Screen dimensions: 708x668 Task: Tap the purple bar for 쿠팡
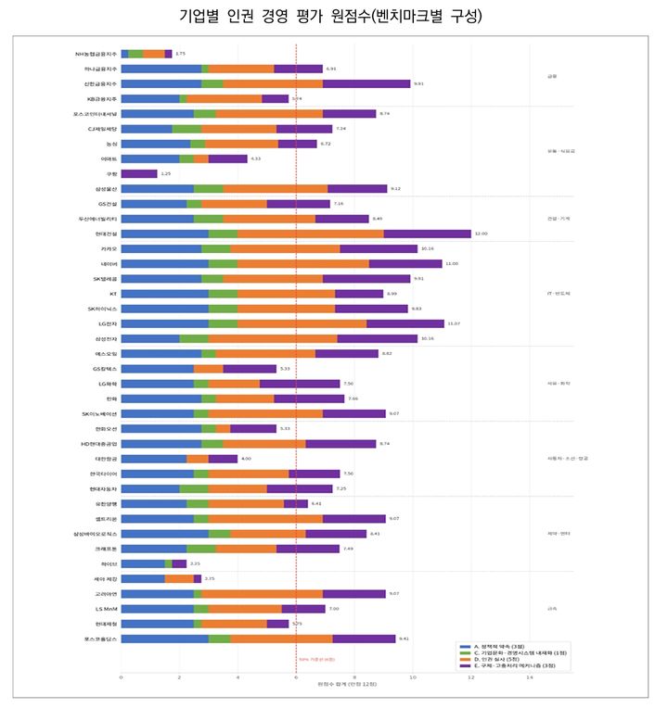pyautogui.click(x=139, y=173)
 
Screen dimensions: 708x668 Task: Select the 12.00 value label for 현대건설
pyautogui.click(x=481, y=234)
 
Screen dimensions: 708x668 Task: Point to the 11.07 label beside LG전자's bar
pyautogui.click(x=454, y=323)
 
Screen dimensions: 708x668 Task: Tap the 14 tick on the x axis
pyautogui.click(x=530, y=677)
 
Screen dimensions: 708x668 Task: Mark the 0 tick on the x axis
pyautogui.click(x=122, y=677)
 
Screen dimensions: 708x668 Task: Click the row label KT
pyautogui.click(x=112, y=294)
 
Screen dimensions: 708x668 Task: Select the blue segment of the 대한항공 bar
pyautogui.click(x=154, y=459)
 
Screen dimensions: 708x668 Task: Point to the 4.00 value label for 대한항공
pyautogui.click(x=246, y=459)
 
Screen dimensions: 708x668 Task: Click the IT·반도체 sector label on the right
pyautogui.click(x=559, y=293)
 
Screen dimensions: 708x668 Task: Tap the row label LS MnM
pyautogui.click(x=105, y=609)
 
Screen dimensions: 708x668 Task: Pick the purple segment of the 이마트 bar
pyautogui.click(x=227, y=158)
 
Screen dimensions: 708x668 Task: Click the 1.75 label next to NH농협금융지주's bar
pyautogui.click(x=181, y=54)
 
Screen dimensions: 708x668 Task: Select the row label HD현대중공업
pyautogui.click(x=97, y=444)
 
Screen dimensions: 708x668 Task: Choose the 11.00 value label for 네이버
pyautogui.click(x=452, y=263)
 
